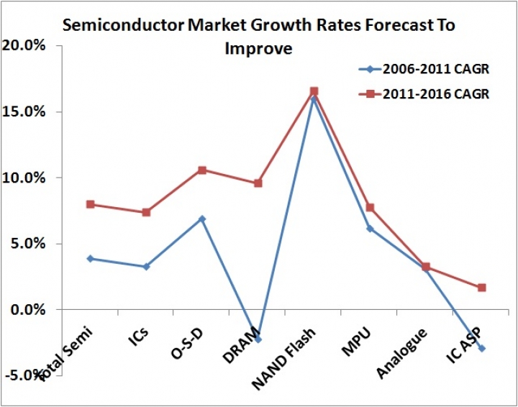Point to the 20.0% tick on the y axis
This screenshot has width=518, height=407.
(x=25, y=46)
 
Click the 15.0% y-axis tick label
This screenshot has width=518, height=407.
(x=25, y=112)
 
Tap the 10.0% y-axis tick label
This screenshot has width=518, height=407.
(x=25, y=178)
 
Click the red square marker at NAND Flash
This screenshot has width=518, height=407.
(x=314, y=91)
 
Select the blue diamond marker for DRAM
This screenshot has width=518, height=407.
(x=258, y=339)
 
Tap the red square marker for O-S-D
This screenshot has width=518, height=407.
(x=202, y=170)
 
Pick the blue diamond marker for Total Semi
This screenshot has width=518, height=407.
(x=91, y=258)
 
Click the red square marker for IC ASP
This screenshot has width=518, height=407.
(x=482, y=288)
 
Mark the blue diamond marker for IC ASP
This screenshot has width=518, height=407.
(x=482, y=349)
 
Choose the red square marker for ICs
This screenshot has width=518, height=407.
(x=146, y=212)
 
